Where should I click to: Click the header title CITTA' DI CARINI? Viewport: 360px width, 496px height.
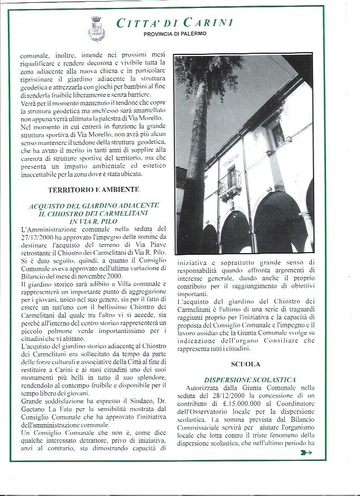pyautogui.click(x=174, y=23)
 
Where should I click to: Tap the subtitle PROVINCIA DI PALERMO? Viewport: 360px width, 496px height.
pyautogui.click(x=175, y=34)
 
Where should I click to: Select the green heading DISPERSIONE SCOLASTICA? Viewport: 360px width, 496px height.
pyautogui.click(x=245, y=379)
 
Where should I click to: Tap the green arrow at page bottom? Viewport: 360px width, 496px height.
pyautogui.click(x=306, y=452)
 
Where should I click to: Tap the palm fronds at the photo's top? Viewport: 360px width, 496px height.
pyautogui.click(x=207, y=71)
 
